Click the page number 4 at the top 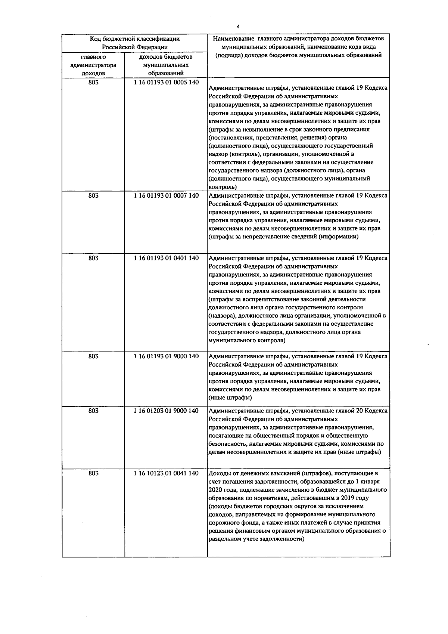click(x=238, y=26)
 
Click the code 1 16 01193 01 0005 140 click(x=166, y=82)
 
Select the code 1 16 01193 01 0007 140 click(x=166, y=195)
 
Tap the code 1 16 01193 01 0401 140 click(x=166, y=258)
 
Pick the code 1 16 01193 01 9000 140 click(x=166, y=356)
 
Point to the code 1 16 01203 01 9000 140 click(x=166, y=411)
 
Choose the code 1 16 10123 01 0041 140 click(x=166, y=473)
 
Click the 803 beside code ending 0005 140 click(x=93, y=82)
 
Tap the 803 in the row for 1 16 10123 click(x=93, y=473)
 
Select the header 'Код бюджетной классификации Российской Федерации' click(x=135, y=43)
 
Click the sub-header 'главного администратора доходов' click(x=93, y=65)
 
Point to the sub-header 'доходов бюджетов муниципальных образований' click(x=166, y=65)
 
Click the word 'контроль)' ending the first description click(x=222, y=187)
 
